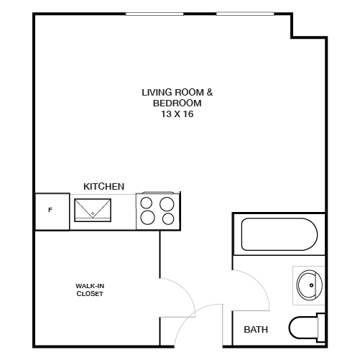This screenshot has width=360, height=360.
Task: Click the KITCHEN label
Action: [104, 186]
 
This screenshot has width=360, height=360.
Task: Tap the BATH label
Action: [256, 330]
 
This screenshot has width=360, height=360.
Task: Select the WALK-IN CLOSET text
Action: [90, 290]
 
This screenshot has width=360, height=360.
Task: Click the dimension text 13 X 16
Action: [177, 114]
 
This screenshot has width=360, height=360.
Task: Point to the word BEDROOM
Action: [177, 103]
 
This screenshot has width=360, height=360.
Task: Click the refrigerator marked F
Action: [50, 211]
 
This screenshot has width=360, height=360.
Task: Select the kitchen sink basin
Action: [93, 210]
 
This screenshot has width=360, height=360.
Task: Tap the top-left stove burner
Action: [147, 203]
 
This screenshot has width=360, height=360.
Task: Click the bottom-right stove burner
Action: [167, 218]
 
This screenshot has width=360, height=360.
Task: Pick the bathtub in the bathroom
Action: [279, 234]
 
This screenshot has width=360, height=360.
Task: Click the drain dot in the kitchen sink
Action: [93, 214]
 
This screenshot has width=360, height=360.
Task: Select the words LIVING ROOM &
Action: [177, 92]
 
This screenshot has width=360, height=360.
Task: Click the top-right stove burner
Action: [167, 203]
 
